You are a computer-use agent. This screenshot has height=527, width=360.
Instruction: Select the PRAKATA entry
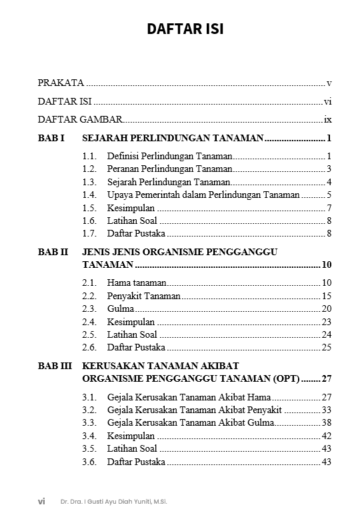tap(61, 83)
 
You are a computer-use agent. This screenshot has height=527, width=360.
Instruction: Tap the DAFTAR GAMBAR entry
tap(80, 120)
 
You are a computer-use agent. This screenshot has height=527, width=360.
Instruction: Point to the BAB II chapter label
tap(53, 253)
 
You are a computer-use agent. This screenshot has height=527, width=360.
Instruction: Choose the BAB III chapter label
tap(54, 366)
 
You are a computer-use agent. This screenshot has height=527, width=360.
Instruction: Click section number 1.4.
tap(89, 195)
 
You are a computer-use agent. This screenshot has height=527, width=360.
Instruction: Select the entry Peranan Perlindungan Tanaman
tap(169, 169)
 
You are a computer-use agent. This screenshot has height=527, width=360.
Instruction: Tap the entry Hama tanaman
tap(137, 282)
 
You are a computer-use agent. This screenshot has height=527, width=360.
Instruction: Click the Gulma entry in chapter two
tap(121, 308)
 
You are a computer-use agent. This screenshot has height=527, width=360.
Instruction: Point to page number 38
tap(326, 422)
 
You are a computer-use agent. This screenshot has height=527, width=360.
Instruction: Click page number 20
tap(326, 308)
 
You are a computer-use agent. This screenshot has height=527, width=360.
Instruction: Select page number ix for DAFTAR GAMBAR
tap(327, 120)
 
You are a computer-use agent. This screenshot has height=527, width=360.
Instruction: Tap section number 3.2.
tap(89, 410)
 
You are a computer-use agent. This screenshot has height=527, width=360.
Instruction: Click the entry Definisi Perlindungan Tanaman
tap(169, 156)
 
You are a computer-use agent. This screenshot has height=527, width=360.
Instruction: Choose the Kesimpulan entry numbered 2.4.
tap(131, 322)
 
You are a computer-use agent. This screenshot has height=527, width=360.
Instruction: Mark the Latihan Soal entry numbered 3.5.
tap(132, 448)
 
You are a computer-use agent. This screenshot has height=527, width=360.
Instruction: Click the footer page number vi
tap(41, 502)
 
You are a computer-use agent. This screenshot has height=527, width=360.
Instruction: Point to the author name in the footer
tap(113, 502)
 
